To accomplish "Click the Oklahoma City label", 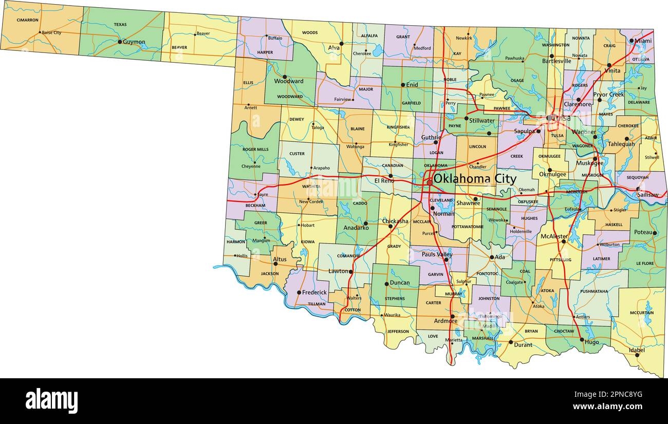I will [475, 179].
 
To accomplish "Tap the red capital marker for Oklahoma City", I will [430, 182].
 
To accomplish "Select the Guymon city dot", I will [120, 42].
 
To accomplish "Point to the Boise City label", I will [51, 32].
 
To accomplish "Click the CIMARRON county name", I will [27, 20].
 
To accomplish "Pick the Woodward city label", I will [289, 81].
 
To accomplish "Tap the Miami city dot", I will [632, 41].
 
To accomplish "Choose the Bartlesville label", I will [556, 61].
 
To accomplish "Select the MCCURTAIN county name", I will [641, 312].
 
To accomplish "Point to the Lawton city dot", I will [351, 271].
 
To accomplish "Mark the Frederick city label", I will [314, 292].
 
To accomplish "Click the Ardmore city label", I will [445, 321].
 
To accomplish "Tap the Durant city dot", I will [510, 342].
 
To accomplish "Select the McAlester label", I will [554, 236].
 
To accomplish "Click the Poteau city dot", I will [655, 233].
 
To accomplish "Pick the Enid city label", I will [413, 85].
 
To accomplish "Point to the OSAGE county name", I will [517, 81].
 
